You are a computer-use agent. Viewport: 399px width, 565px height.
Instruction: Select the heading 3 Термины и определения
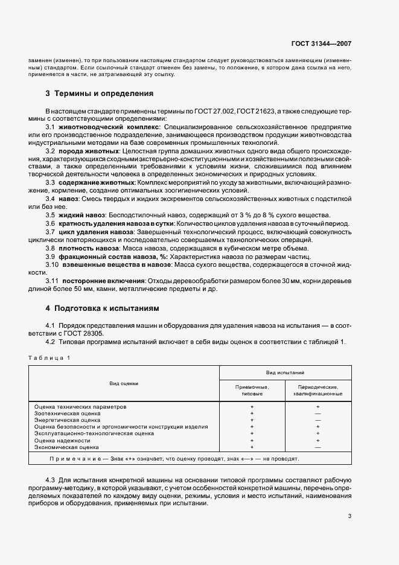pos(100,94)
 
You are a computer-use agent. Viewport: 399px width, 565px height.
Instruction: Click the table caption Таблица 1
pos(48,358)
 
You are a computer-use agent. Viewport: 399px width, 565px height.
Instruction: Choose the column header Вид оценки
pos(124,383)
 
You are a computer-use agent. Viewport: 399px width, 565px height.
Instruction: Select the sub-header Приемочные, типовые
pos(252,390)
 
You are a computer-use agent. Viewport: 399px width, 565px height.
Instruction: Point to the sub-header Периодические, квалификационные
pos(318,390)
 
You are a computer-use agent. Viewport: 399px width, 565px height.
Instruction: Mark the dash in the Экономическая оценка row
pos(318,447)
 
